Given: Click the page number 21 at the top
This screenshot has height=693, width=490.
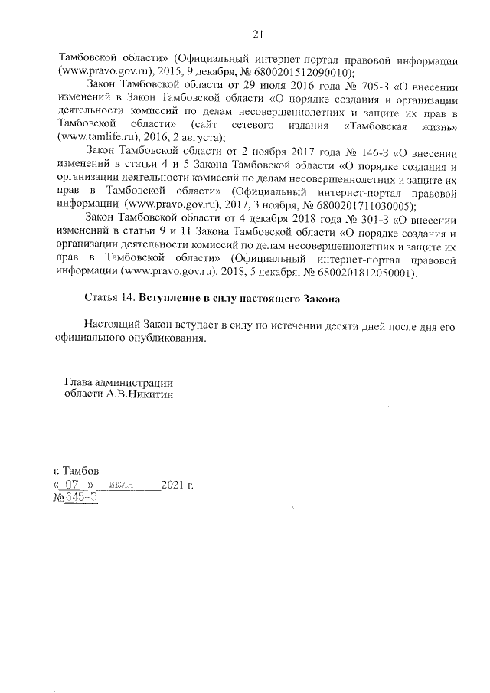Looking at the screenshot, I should (x=257, y=33).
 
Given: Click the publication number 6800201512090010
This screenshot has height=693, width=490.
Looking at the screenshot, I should (x=299, y=72).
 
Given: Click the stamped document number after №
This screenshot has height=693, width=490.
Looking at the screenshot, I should (x=81, y=499).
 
